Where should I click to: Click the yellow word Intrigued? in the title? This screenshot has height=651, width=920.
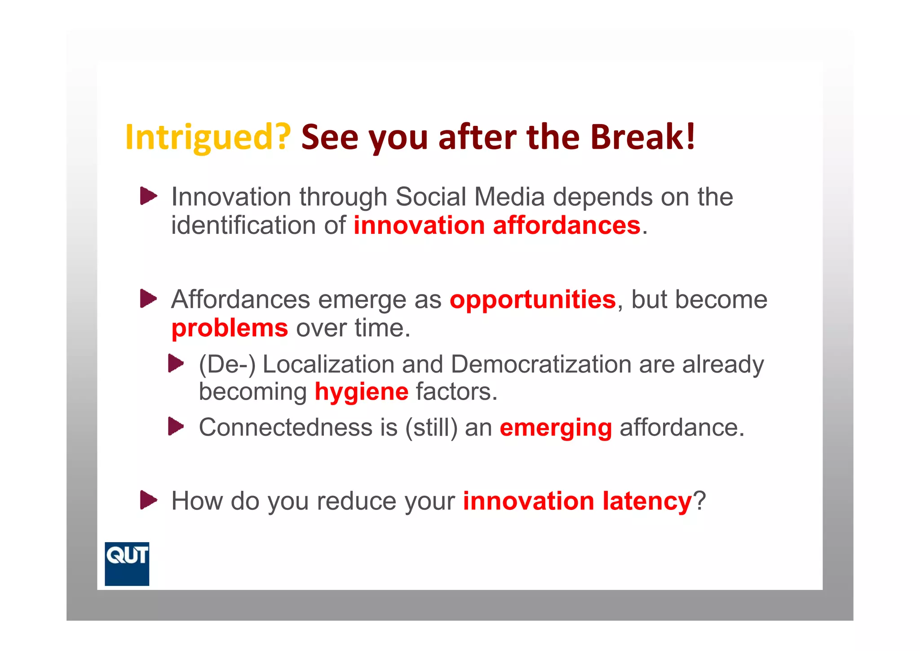click(208, 138)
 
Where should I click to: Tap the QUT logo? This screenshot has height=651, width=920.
click(127, 564)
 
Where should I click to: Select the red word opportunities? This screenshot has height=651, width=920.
click(532, 300)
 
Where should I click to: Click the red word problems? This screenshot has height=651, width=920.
click(230, 328)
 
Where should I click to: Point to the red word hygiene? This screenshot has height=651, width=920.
click(361, 392)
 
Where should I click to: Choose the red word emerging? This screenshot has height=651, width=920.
click(556, 428)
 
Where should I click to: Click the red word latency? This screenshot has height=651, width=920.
click(647, 501)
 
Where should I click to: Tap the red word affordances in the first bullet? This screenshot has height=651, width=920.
click(566, 225)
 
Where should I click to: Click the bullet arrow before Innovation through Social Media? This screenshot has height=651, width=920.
click(148, 196)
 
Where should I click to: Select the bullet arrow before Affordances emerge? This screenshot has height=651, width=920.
click(148, 299)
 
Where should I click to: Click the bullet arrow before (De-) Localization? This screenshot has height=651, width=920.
click(176, 363)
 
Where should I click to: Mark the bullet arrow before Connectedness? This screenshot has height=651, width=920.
click(176, 426)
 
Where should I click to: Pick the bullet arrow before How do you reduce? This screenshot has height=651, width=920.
click(148, 500)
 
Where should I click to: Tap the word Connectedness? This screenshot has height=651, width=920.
click(286, 427)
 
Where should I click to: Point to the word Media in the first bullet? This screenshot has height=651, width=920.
click(509, 197)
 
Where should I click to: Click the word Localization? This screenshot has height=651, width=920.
click(328, 364)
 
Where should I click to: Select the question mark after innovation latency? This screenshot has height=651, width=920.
click(699, 501)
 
